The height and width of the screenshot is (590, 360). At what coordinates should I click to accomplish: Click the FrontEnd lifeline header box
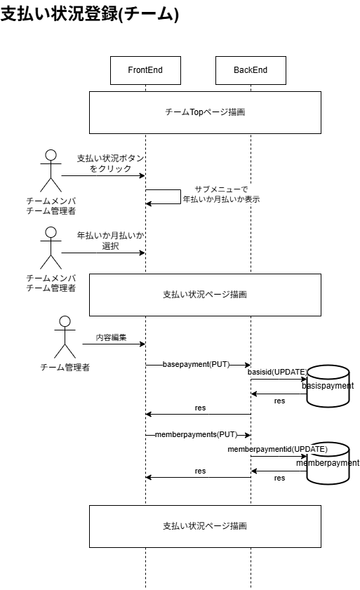click(x=145, y=70)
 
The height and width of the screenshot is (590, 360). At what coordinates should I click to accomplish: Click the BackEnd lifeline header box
click(x=251, y=70)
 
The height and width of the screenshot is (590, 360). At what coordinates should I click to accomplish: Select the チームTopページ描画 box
click(x=204, y=112)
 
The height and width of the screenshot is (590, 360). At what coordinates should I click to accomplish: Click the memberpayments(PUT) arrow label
click(x=196, y=435)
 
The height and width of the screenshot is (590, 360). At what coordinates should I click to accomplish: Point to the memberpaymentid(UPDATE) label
click(x=278, y=448)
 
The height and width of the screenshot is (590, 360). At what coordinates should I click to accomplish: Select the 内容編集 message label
click(x=112, y=337)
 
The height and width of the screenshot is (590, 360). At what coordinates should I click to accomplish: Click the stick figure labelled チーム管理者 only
click(x=65, y=337)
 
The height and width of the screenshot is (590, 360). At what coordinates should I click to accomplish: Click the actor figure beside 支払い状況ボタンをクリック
click(x=50, y=170)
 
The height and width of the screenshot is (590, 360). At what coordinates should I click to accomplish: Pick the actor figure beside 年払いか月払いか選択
click(x=50, y=248)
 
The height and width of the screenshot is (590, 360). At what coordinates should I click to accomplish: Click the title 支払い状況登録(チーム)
click(x=90, y=14)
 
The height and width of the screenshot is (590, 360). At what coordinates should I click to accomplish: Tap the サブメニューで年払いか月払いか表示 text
click(x=221, y=194)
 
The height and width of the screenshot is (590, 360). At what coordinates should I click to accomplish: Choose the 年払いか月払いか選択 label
click(x=110, y=241)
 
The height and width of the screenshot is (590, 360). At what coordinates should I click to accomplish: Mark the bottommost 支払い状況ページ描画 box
click(x=204, y=525)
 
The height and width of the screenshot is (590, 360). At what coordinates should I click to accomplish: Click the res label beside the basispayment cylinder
click(x=279, y=401)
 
